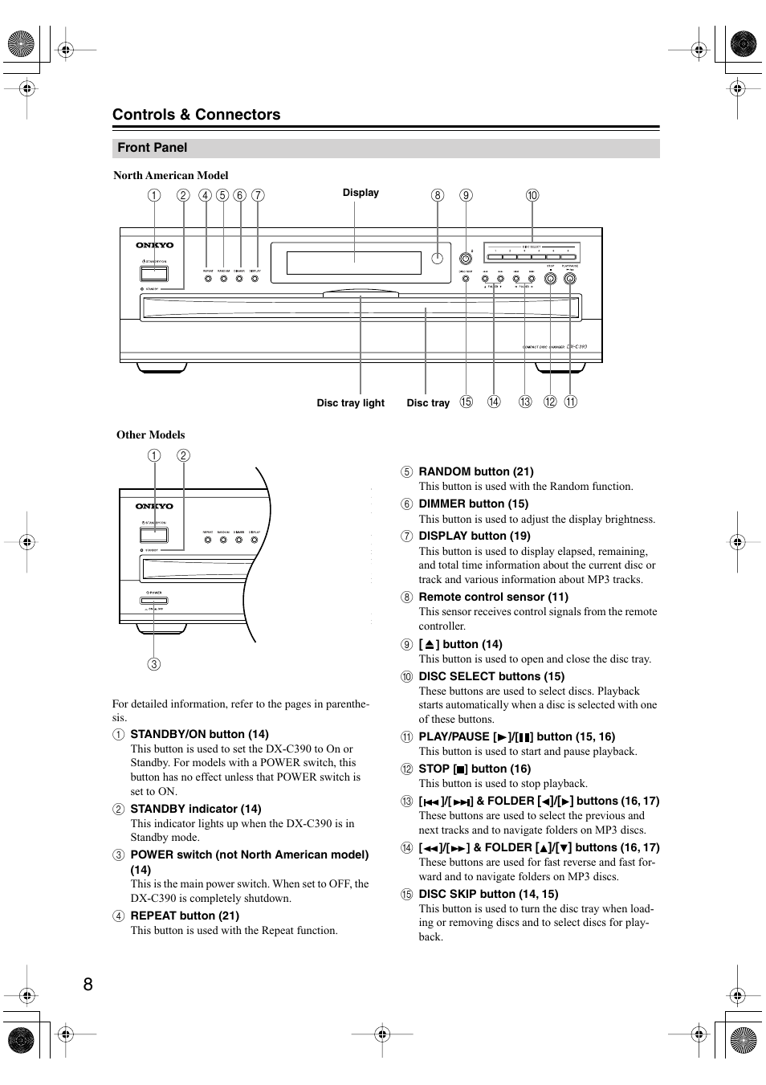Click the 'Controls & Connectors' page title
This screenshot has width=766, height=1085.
[x=196, y=115]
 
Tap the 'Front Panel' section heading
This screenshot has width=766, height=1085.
[x=152, y=148]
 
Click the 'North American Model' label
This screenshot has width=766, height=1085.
[x=170, y=176]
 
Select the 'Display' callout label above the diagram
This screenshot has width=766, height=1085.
[x=361, y=193]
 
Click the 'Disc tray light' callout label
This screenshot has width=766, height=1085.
[x=350, y=403]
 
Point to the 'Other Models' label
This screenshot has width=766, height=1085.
[x=150, y=435]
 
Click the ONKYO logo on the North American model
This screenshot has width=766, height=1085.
[x=154, y=245]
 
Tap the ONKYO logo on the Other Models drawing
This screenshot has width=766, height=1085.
[x=154, y=506]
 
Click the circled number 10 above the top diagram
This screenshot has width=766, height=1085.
[x=532, y=195]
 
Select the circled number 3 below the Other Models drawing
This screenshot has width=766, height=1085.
[x=153, y=664]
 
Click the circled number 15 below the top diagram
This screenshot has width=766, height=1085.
[x=467, y=402]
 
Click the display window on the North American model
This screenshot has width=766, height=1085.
[x=353, y=263]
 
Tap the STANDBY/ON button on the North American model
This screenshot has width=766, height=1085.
[x=154, y=273]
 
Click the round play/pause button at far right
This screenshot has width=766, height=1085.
[x=570, y=279]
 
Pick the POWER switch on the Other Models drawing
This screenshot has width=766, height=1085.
[x=154, y=601]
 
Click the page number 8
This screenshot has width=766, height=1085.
[x=88, y=984]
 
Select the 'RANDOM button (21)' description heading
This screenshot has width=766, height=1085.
[x=475, y=472]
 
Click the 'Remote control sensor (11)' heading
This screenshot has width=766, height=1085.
[x=493, y=598]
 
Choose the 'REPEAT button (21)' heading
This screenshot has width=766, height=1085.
[x=185, y=916]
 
